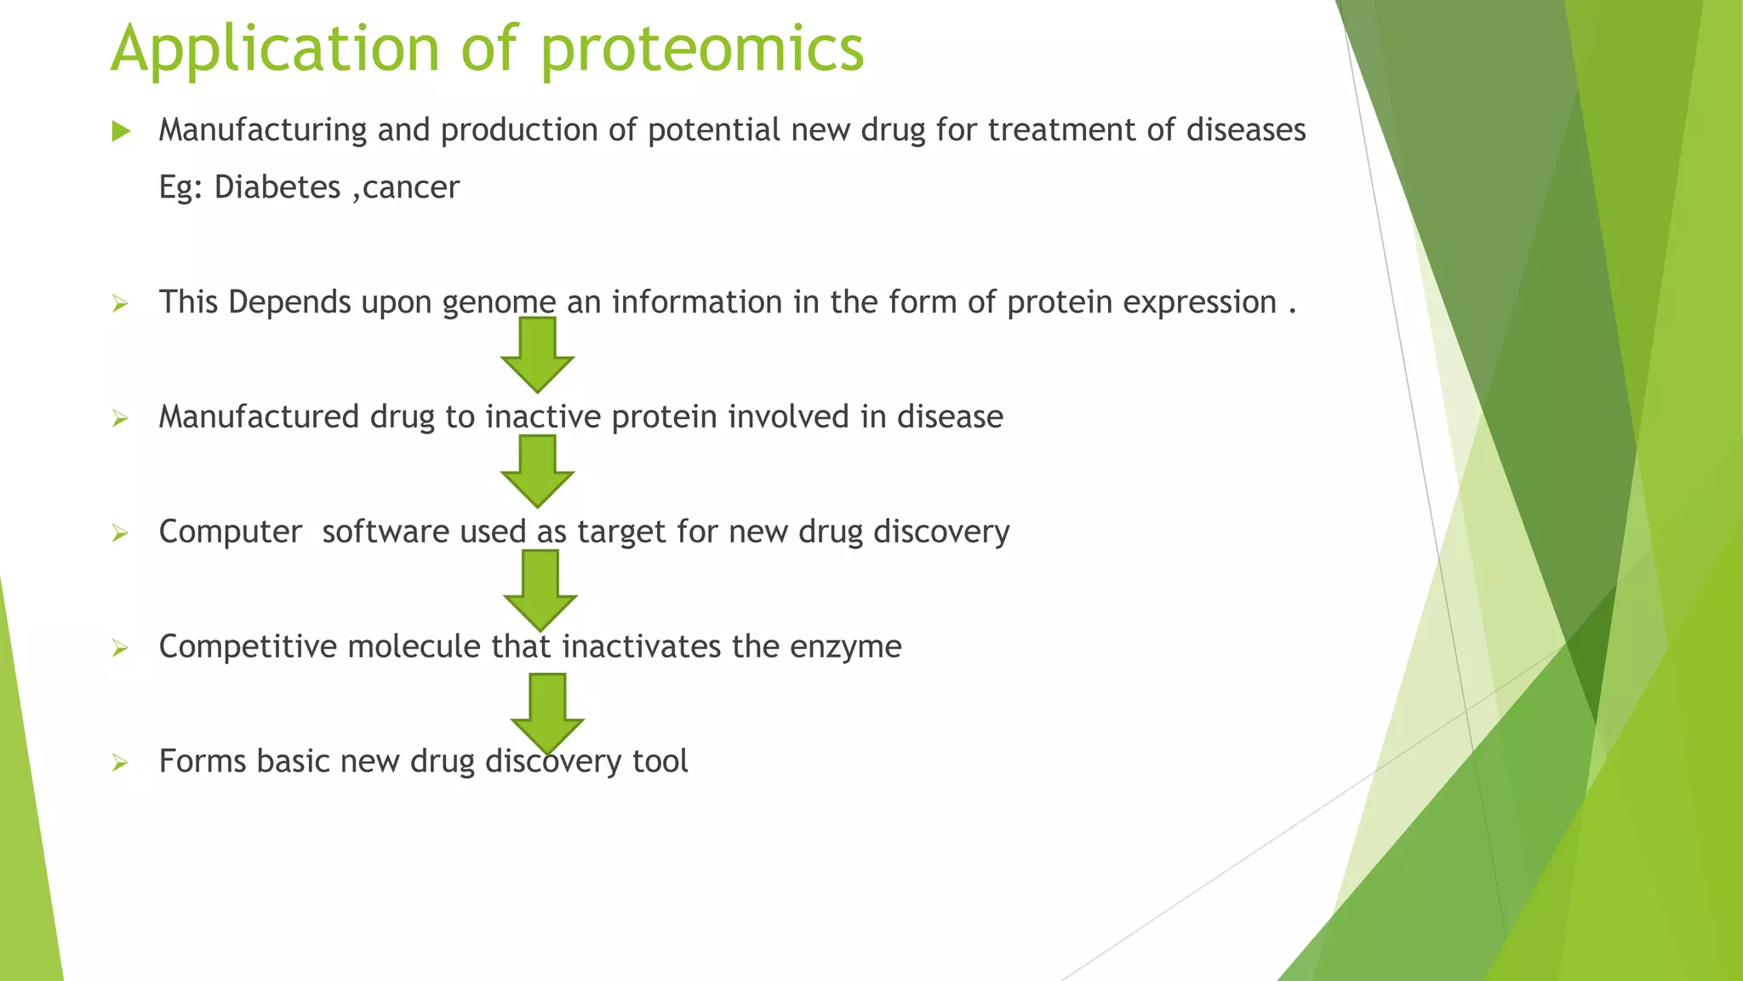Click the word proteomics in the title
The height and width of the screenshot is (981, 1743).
701,49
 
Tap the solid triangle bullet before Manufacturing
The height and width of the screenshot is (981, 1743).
121,131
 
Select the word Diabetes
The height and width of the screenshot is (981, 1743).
277,187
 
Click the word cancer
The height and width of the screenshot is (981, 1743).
410,187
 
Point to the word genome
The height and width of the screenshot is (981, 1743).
499,302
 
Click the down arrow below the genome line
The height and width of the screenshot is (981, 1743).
537,353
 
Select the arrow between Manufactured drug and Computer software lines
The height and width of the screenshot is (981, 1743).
537,470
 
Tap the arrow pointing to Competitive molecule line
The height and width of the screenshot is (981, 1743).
540,588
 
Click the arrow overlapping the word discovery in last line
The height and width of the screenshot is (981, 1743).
547,712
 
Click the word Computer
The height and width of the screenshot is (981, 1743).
230,531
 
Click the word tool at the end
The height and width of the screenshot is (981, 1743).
660,760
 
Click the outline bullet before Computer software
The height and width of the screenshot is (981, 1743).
120,534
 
